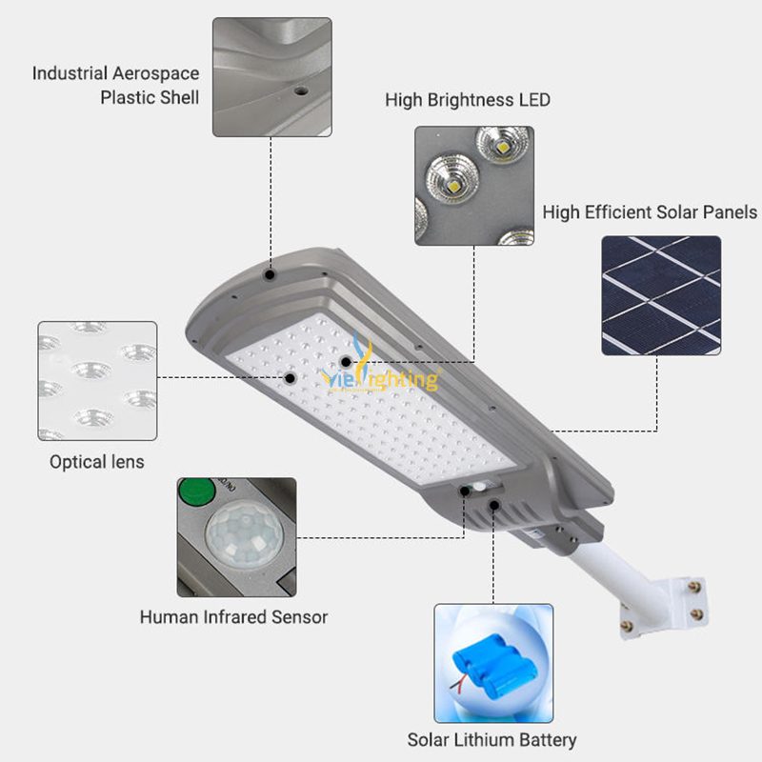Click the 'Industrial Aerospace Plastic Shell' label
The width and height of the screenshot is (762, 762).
115,85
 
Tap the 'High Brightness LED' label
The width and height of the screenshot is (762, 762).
468,100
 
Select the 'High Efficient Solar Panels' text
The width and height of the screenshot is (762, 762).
650,212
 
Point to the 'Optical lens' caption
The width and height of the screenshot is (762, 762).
97,462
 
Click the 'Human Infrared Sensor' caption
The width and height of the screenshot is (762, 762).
233,616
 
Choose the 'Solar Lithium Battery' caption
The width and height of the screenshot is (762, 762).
491,740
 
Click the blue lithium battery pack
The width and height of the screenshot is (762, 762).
494,663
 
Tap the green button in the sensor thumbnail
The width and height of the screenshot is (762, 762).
197,491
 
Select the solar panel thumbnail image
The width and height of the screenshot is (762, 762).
661,295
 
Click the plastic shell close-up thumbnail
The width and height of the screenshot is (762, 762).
272,77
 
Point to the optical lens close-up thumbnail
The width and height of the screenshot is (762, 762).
97,381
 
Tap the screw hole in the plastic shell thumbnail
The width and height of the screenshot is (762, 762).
301,90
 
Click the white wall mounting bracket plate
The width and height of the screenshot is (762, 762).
664,608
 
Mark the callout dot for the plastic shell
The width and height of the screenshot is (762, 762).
270,275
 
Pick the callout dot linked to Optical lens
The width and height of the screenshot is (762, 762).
291,377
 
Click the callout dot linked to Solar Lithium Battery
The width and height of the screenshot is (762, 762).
493,506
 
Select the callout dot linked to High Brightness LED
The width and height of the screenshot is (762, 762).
346,362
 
